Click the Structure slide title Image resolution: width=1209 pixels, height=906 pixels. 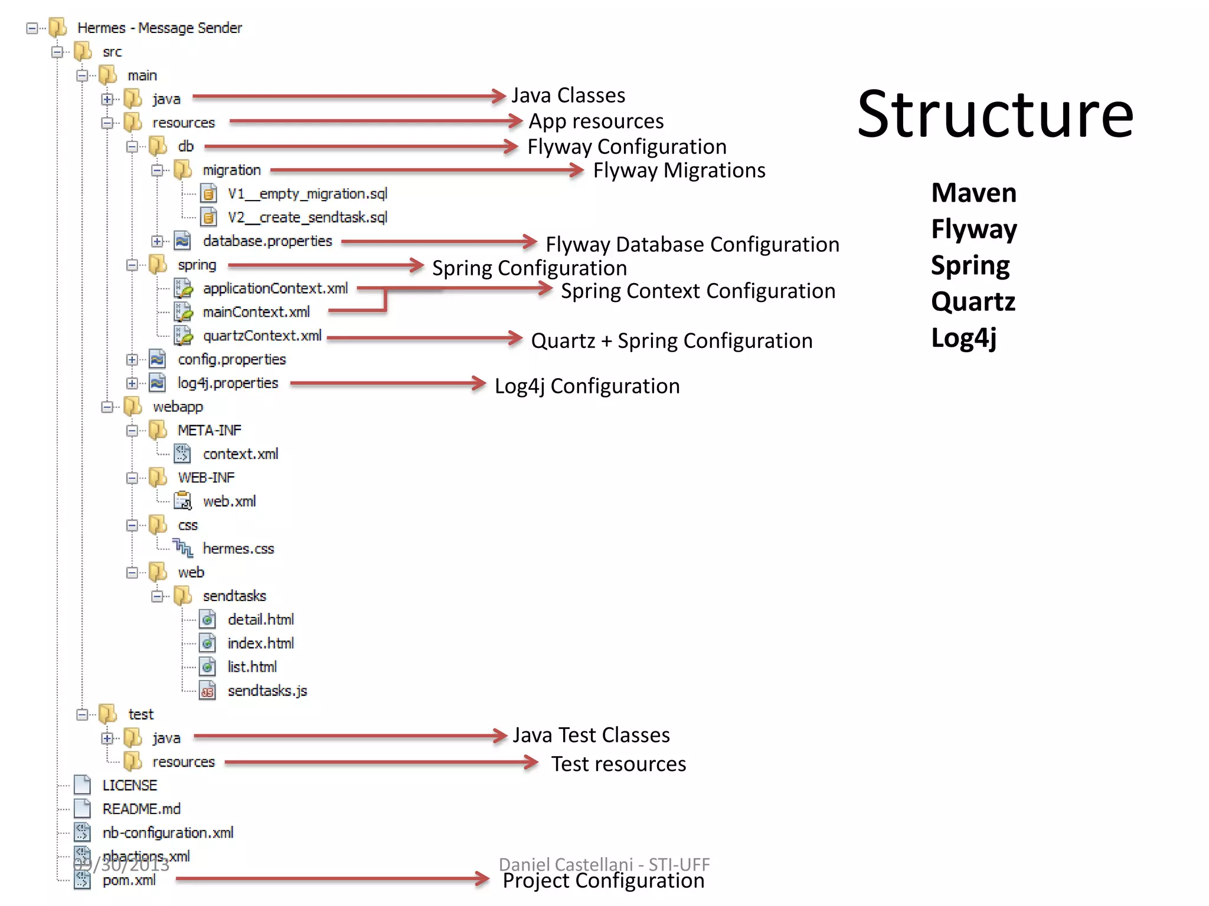point(995,114)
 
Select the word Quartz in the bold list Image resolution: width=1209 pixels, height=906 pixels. point(973,301)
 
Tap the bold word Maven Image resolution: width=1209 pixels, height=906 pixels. point(973,193)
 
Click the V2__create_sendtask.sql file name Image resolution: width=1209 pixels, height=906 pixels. point(307,217)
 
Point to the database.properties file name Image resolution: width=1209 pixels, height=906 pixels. point(267,241)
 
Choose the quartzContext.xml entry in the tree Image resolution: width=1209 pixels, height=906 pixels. point(262,336)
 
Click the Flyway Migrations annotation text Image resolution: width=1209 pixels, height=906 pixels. point(679,170)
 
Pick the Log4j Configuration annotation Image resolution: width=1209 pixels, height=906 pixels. point(587,386)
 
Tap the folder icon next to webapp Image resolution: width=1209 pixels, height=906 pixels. point(133,406)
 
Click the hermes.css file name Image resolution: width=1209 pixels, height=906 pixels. point(238,549)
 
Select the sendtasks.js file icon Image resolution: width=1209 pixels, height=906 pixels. point(207,691)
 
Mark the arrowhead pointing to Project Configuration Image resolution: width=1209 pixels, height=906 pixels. point(482,879)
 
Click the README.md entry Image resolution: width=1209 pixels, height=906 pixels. point(141,809)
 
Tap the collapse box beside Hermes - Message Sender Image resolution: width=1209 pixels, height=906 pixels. point(32,28)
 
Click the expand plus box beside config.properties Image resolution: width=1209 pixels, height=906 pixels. point(132,359)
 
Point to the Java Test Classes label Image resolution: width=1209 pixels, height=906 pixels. point(591,735)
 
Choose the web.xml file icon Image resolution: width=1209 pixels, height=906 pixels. point(183,501)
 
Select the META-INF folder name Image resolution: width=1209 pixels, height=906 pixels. point(209,430)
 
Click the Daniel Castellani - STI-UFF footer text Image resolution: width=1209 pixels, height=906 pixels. point(603,864)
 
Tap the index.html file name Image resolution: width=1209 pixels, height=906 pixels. point(260,643)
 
